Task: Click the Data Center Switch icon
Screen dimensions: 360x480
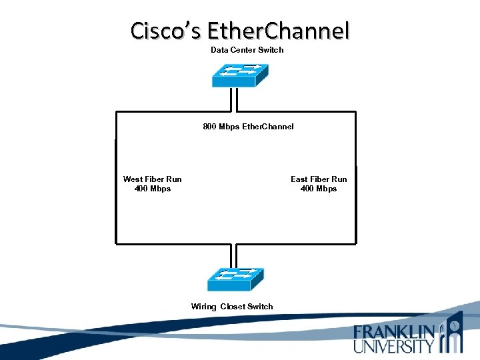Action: tap(239, 75)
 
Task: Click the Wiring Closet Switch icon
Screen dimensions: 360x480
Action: tap(235, 279)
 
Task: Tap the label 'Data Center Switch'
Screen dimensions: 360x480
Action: tap(247, 50)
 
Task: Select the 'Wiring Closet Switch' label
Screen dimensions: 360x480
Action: tap(232, 307)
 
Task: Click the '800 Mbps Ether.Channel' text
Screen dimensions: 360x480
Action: tap(248, 126)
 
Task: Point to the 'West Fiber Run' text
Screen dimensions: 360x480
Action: tap(152, 179)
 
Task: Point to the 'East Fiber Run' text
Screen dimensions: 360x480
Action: tap(319, 179)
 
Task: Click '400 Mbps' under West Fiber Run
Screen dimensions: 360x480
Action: tap(152, 189)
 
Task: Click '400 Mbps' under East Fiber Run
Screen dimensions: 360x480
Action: tap(319, 189)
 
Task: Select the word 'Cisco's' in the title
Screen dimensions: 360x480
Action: tap(166, 31)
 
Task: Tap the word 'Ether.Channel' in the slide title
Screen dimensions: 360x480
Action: tap(278, 31)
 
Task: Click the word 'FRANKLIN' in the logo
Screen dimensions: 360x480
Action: tap(394, 332)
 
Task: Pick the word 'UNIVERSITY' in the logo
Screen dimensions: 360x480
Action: tap(394, 345)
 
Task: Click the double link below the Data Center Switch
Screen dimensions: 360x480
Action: tap(233, 100)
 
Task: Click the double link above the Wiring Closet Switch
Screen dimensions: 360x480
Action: tap(233, 256)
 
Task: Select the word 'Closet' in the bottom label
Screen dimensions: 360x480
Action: tap(232, 307)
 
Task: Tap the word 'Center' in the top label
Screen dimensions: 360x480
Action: tap(243, 50)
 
